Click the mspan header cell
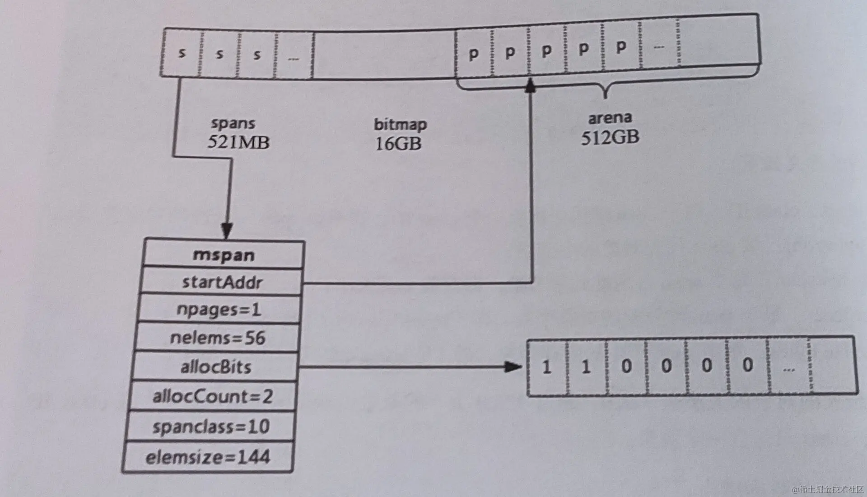click(224, 255)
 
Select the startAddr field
click(222, 282)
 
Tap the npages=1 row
click(219, 310)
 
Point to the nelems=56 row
click(217, 338)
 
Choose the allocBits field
click(215, 367)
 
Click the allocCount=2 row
click(213, 397)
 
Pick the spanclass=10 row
click(211, 427)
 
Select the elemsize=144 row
click(208, 457)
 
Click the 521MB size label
click(238, 142)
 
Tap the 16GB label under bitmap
click(398, 144)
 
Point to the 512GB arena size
click(610, 137)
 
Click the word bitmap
click(400, 124)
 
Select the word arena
click(610, 118)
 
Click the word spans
click(233, 123)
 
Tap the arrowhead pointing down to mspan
click(227, 231)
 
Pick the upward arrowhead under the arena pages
click(531, 85)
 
